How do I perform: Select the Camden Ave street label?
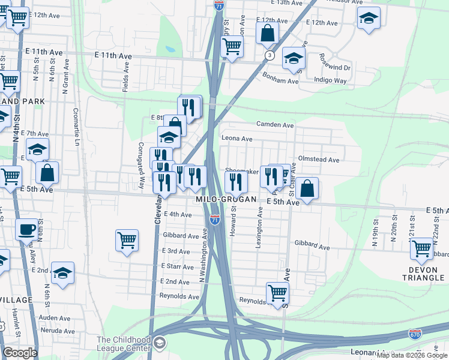point(275,125)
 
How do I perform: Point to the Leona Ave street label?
point(237,138)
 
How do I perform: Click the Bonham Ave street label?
point(280,78)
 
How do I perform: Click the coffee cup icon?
point(26,229)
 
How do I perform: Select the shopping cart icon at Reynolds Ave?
point(277,293)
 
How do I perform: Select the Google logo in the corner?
point(20,353)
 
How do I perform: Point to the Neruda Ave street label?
point(54,330)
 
